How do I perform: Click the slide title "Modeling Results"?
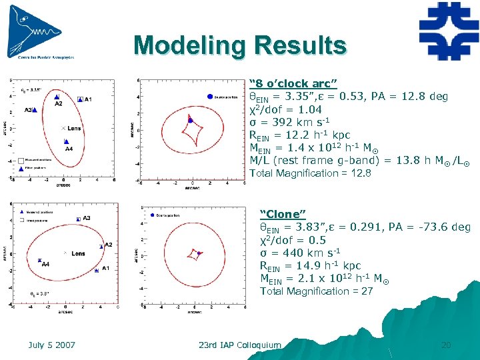pos(240,45)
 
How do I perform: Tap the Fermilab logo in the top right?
pos(448,31)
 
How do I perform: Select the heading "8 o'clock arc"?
pos(293,83)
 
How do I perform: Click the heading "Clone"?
pos(283,214)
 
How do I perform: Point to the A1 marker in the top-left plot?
pos(80,99)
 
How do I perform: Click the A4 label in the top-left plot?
pos(69,149)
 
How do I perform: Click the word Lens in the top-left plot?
pos(74,128)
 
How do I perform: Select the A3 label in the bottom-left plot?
pos(87,218)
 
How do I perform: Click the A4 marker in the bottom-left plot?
pos(39,261)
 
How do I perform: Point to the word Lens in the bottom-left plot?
pos(78,253)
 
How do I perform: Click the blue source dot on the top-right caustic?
pos(191,120)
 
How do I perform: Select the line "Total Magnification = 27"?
pos(316,291)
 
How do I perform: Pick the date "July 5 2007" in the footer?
pos(52,345)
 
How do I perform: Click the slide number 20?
pos(446,345)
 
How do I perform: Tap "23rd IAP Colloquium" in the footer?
pos(240,345)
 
